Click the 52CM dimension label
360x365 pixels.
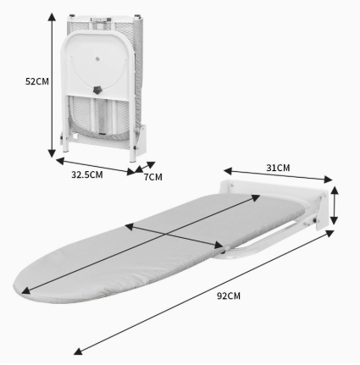tap(37, 81)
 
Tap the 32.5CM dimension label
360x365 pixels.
tap(86, 174)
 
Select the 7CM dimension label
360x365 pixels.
tap(153, 177)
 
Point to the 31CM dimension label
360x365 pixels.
tap(278, 168)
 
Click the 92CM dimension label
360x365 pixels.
tap(229, 296)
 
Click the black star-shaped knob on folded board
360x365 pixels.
tap(97, 90)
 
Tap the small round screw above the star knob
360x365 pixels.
tap(97, 58)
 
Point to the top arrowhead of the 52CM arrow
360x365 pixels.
tap(52, 16)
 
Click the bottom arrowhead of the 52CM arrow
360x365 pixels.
tap(52, 153)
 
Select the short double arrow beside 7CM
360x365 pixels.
tap(145, 167)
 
